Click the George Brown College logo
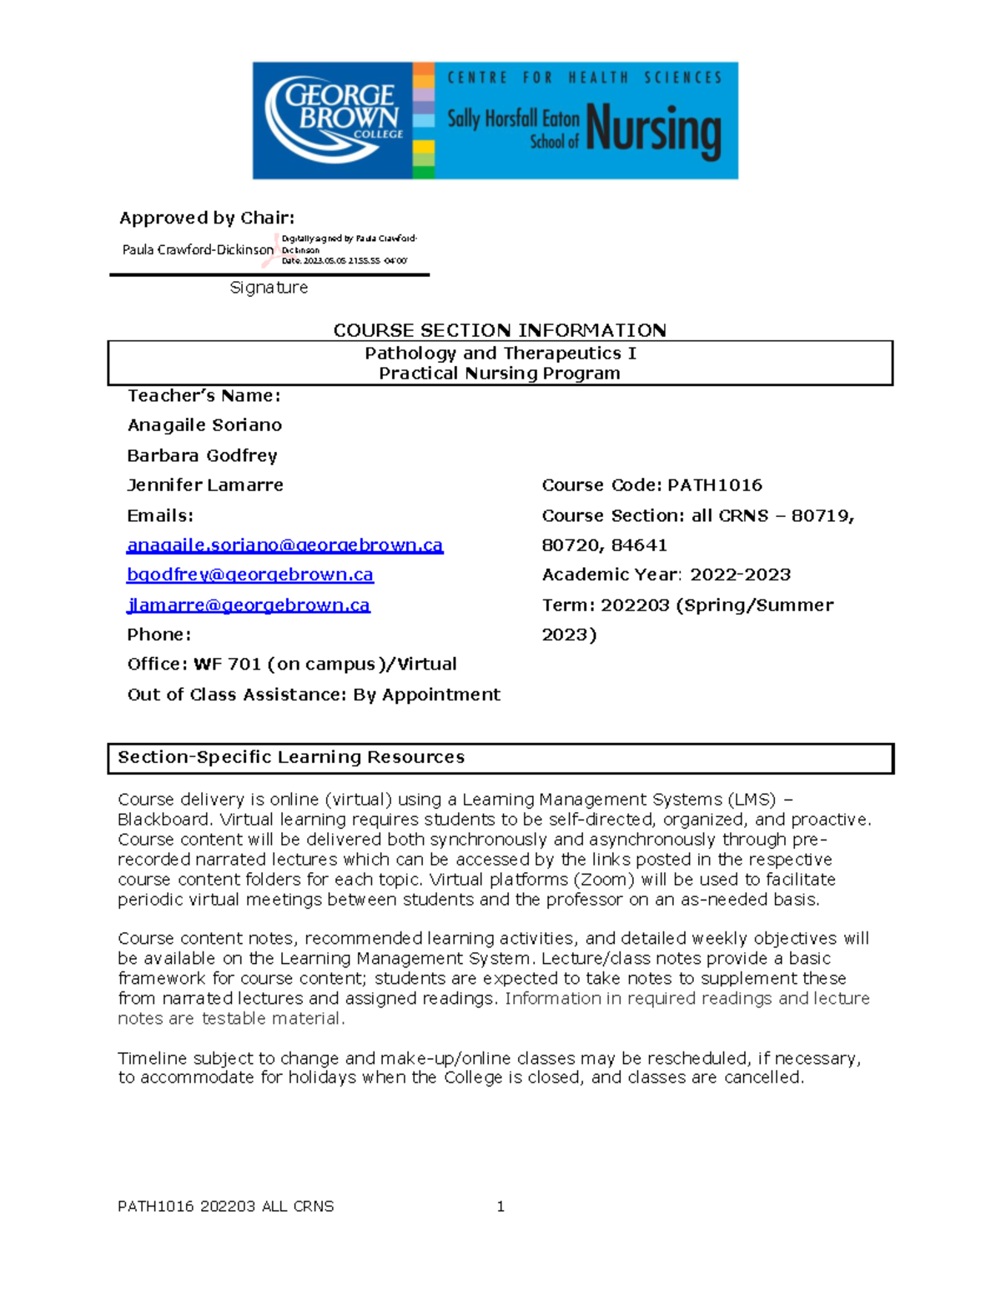[334, 119]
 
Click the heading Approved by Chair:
[207, 218]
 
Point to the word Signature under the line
[269, 288]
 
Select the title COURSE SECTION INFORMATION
[500, 330]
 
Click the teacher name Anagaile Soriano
[204, 425]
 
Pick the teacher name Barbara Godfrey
[202, 455]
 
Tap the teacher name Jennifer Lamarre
[205, 485]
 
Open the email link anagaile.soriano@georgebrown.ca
[284, 545]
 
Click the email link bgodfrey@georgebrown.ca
[250, 575]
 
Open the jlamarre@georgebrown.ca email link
[249, 605]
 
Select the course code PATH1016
[715, 485]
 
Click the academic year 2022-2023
[741, 575]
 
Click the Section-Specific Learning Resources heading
[291, 757]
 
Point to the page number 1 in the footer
[500, 1207]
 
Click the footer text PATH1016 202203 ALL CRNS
[226, 1207]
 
